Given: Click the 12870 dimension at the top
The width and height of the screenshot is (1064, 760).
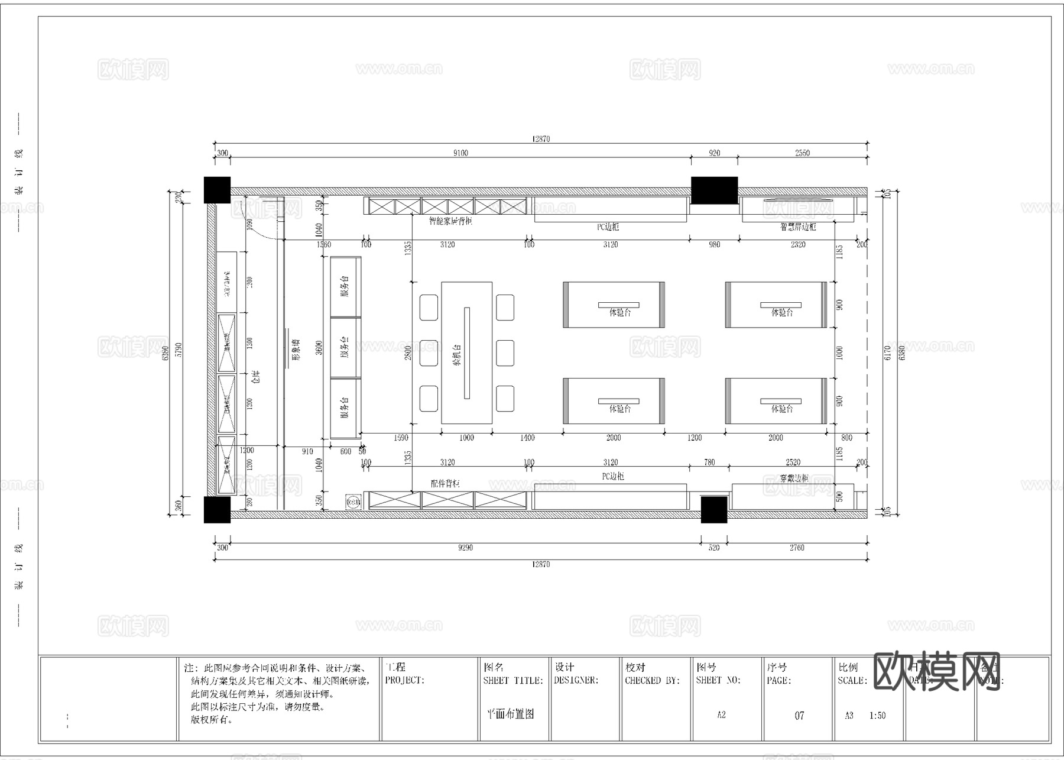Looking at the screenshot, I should pyautogui.click(x=540, y=139).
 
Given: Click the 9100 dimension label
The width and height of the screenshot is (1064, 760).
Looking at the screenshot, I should pyautogui.click(x=460, y=153).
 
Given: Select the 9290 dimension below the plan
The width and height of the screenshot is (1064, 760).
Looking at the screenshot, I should pyautogui.click(x=465, y=548).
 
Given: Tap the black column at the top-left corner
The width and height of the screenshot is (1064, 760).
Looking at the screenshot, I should pyautogui.click(x=217, y=190).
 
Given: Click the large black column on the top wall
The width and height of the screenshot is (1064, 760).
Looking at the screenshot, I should pyautogui.click(x=714, y=190).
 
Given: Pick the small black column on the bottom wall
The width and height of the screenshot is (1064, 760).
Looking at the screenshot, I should pyautogui.click(x=713, y=509).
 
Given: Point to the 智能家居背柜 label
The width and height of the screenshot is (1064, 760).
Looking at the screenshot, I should pyautogui.click(x=450, y=221).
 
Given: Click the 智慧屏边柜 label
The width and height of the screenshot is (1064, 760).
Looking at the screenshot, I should pyautogui.click(x=798, y=227).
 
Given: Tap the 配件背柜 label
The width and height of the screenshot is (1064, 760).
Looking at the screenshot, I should pyautogui.click(x=445, y=483).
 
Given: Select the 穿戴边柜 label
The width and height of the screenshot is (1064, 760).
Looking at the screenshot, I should pyautogui.click(x=793, y=478).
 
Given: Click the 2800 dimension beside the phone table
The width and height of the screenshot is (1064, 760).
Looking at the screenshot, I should pyautogui.click(x=408, y=353).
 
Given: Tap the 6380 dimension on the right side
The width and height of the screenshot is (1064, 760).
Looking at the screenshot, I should pyautogui.click(x=901, y=352).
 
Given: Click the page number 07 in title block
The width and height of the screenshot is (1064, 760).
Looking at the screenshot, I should pyautogui.click(x=799, y=716).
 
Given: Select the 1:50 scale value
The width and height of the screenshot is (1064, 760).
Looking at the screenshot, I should pyautogui.click(x=877, y=716).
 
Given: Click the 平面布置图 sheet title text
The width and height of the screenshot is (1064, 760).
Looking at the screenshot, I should pyautogui.click(x=510, y=714).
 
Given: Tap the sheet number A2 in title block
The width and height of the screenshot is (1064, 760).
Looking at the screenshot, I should pyautogui.click(x=721, y=715).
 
